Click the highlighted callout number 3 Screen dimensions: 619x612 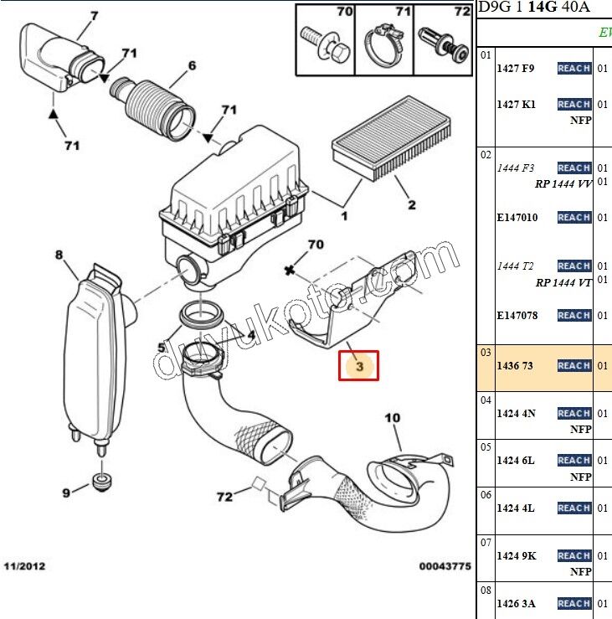pos(359,366)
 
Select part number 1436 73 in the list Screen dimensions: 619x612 pos(516,366)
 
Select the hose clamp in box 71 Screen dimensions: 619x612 pos(384,46)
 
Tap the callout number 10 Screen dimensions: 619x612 pos(393,418)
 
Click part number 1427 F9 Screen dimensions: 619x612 pos(516,68)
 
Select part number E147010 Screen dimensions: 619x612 pos(517,218)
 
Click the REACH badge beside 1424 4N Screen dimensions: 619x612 pos(574,413)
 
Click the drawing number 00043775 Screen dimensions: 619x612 pos(445,566)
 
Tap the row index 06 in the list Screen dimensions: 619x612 pos(486,495)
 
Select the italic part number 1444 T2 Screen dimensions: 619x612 pos(516,266)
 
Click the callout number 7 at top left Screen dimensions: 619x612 pos(94,15)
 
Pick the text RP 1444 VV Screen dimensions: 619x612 pos(563,183)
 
